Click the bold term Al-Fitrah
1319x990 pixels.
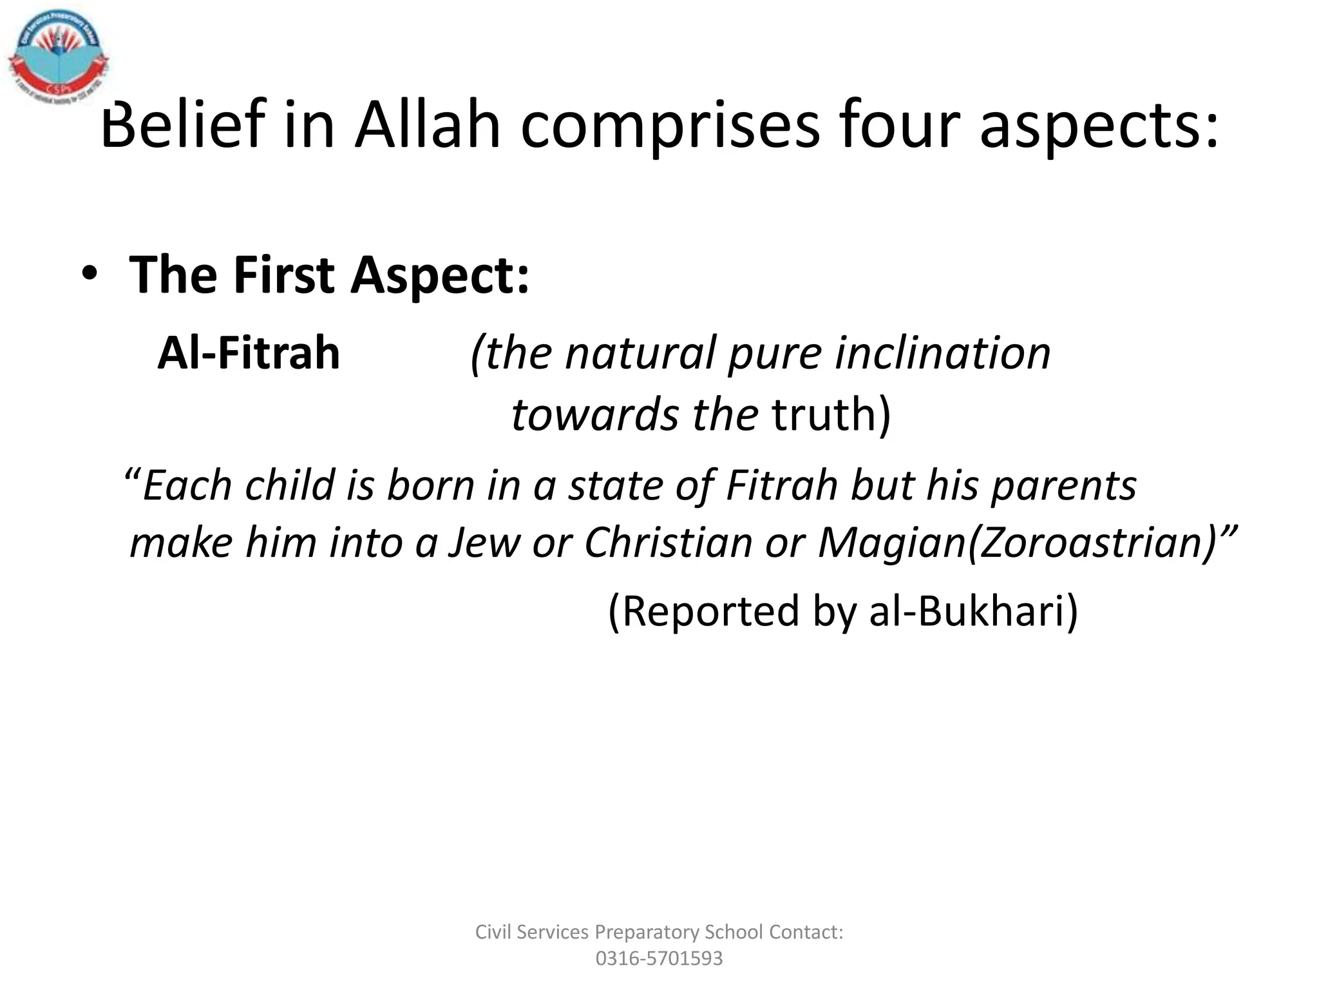249,353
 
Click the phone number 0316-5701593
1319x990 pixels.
659,958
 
